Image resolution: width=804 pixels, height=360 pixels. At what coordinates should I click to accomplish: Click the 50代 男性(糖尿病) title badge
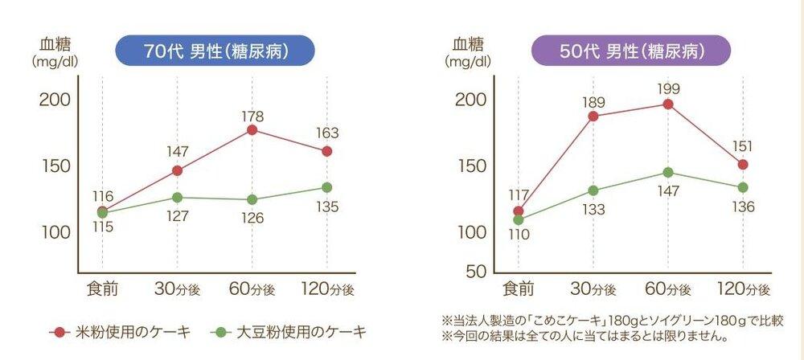pyautogui.click(x=632, y=51)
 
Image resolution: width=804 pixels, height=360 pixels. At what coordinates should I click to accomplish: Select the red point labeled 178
pyautogui.click(x=252, y=130)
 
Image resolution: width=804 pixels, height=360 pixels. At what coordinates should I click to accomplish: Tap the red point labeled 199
pyautogui.click(x=667, y=104)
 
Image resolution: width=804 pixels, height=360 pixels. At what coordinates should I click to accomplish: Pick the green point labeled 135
pyautogui.click(x=326, y=187)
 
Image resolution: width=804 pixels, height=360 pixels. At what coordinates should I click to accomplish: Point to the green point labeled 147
pyautogui.click(x=667, y=172)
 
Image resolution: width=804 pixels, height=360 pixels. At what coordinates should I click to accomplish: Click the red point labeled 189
pyautogui.click(x=593, y=117)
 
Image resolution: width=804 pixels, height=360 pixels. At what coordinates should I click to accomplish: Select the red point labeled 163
pyautogui.click(x=326, y=151)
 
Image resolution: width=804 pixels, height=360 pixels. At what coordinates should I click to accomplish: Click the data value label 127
pyautogui.click(x=176, y=216)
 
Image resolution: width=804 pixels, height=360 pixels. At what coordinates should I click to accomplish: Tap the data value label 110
pyautogui.click(x=519, y=235)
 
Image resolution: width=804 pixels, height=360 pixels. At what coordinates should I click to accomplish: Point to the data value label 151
pyautogui.click(x=742, y=146)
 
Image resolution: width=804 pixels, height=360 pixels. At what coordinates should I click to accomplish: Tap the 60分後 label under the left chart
pyautogui.click(x=252, y=287)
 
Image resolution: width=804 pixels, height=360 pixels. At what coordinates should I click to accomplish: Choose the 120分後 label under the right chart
pyautogui.click(x=742, y=287)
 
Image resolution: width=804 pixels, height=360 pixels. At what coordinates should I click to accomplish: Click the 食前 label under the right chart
pyautogui.click(x=519, y=287)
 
